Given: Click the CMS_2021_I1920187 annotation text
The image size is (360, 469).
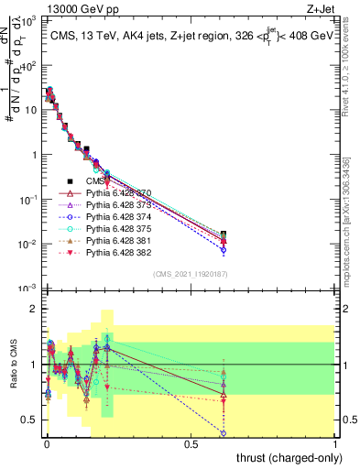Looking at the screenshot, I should click(191, 274).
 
